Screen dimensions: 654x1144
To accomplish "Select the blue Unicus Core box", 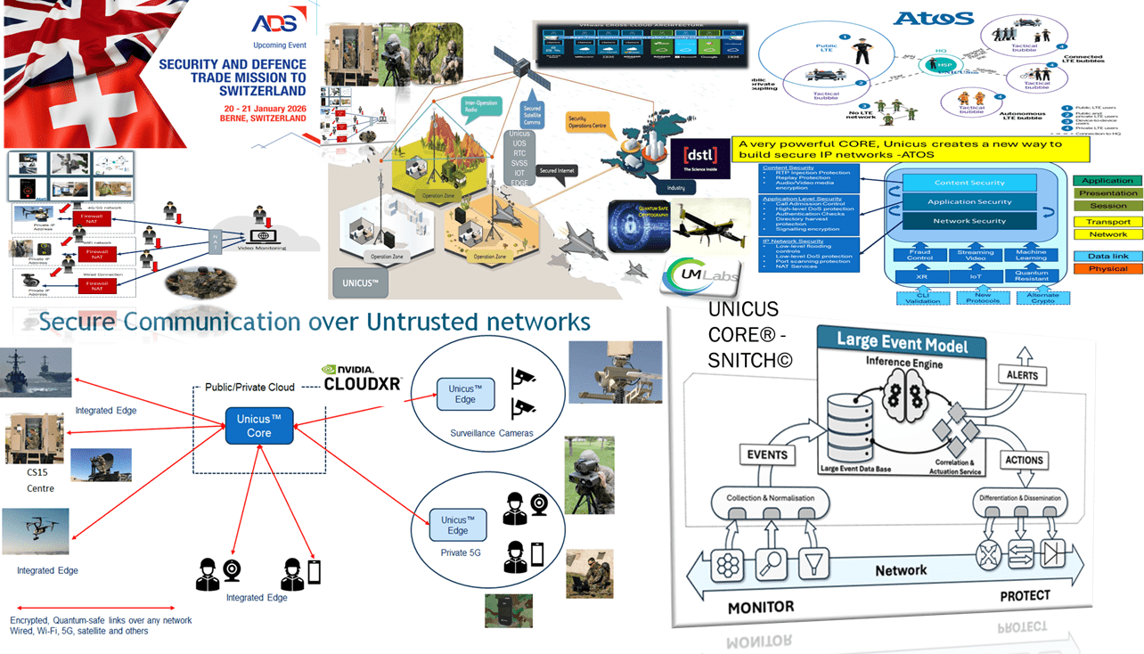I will pyautogui.click(x=258, y=426).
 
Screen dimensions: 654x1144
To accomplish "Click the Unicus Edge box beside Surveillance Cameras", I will pyautogui.click(x=465, y=394).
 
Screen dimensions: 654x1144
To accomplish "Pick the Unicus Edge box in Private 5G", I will pyautogui.click(x=457, y=525).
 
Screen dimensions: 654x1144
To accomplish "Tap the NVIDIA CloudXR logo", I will pyautogui.click(x=362, y=378).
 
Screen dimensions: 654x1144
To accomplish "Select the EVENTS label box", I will pyautogui.click(x=767, y=454).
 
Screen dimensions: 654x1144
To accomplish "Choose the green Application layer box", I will pyautogui.click(x=1107, y=181).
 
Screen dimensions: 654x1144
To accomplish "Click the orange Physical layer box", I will pyautogui.click(x=1107, y=268).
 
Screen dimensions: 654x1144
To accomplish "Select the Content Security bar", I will pyautogui.click(x=969, y=183).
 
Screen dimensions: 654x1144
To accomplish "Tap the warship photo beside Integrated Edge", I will pyautogui.click(x=37, y=372).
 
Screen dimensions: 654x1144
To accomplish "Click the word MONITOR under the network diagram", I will pyautogui.click(x=760, y=607).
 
